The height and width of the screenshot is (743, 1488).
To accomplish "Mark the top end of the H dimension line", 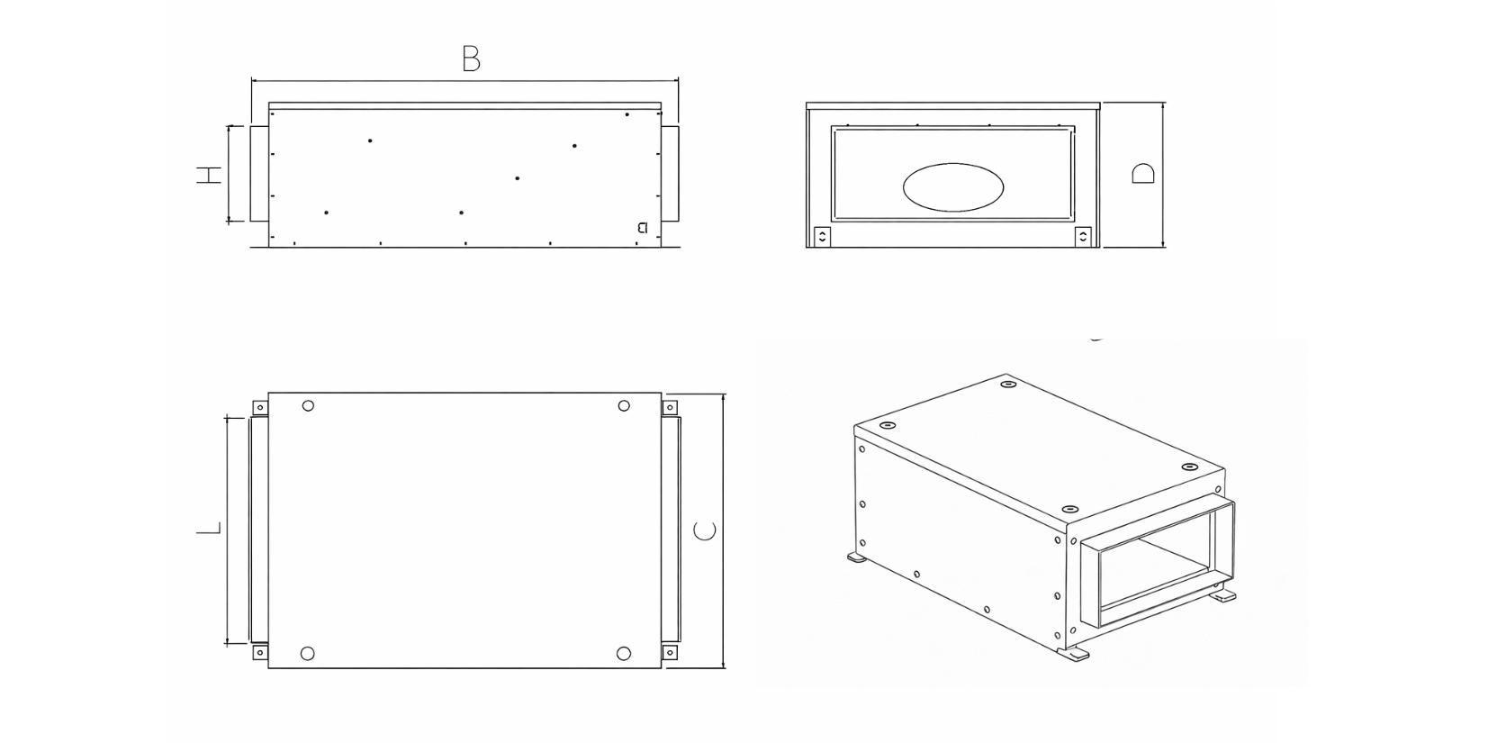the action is tap(229, 125).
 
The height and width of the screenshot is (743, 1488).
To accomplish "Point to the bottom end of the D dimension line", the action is tap(1162, 248).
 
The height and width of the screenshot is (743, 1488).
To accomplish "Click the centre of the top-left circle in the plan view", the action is tap(308, 405).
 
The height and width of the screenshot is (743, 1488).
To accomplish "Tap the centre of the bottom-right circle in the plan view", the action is tap(623, 654).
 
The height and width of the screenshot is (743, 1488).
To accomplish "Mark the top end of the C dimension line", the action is tap(723, 394).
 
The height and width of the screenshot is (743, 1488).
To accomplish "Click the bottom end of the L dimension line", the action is tap(227, 643).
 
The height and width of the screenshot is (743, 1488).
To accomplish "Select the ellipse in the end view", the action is tap(953, 187).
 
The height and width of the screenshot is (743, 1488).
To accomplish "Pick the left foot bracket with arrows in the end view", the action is tap(823, 237).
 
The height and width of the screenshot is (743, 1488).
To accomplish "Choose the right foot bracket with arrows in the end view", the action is tap(1083, 237).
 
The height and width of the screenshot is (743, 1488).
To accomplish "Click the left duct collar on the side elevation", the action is tap(259, 173).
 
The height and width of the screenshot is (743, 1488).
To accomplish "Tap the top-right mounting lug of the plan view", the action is tap(670, 407).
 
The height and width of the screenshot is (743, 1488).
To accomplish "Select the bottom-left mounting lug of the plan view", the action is tap(260, 652).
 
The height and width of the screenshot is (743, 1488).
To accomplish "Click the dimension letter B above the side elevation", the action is tap(471, 59).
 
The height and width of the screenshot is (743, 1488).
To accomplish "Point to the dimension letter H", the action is tap(209, 176).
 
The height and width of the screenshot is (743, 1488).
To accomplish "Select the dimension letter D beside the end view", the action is tap(1143, 174).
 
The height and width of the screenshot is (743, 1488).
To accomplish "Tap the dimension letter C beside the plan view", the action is tap(704, 530).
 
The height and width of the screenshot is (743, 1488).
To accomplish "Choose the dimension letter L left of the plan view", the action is tap(209, 529).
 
